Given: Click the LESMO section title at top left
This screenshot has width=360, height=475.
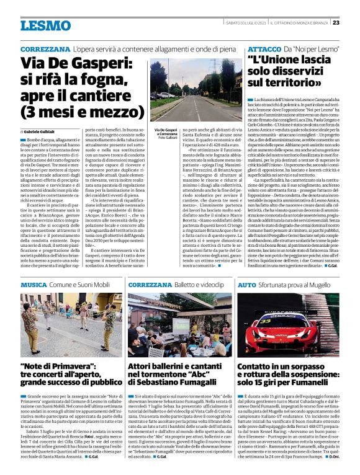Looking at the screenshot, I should [45, 25].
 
